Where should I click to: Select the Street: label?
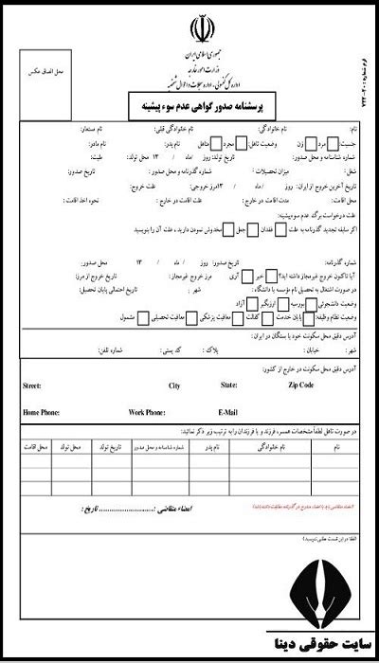coord(36,386)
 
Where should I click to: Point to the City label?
coord(174,386)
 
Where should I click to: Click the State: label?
coord(228,386)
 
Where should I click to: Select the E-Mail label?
coord(228,413)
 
